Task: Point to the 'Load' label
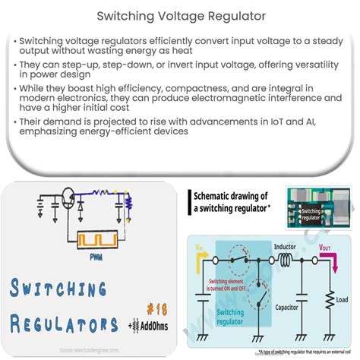pos(342,301)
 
